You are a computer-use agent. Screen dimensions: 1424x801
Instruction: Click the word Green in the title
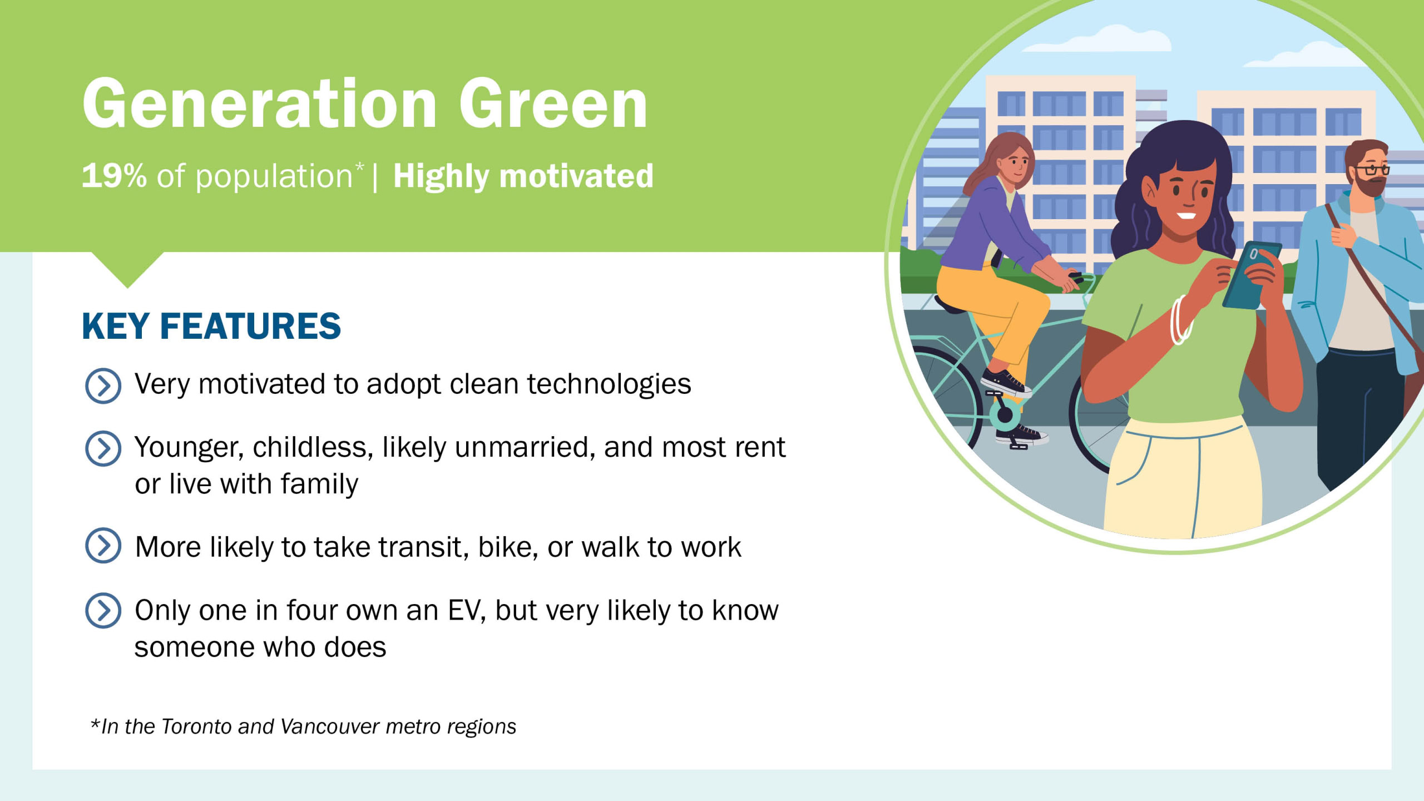(x=553, y=103)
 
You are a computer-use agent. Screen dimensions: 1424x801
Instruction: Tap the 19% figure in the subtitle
(x=114, y=176)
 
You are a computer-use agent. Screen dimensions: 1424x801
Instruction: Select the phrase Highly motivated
(x=523, y=177)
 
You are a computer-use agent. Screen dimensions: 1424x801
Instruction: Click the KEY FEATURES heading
(x=211, y=326)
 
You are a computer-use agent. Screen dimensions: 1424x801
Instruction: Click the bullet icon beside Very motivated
(x=103, y=385)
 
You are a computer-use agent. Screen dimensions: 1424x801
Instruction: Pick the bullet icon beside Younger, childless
(x=103, y=448)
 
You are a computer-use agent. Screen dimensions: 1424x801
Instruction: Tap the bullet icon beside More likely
(x=103, y=546)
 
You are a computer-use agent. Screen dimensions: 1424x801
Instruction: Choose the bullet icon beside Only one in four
(x=103, y=610)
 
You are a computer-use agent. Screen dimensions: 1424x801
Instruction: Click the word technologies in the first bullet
(x=609, y=385)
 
